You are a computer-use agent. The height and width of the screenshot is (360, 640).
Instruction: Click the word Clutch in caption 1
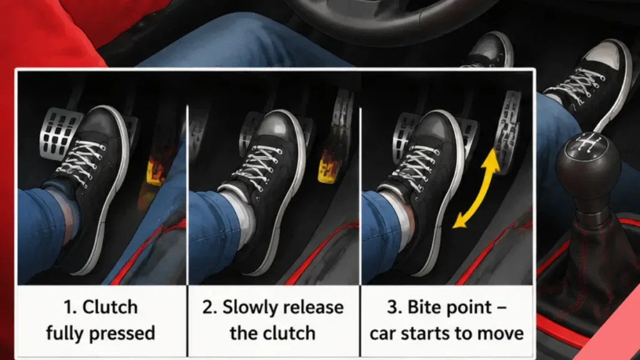(110, 307)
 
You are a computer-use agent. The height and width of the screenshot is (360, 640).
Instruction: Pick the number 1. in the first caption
(70, 307)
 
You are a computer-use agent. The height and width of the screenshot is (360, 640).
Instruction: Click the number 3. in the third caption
(394, 307)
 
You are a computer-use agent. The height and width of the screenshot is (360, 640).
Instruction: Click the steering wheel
(387, 16)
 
